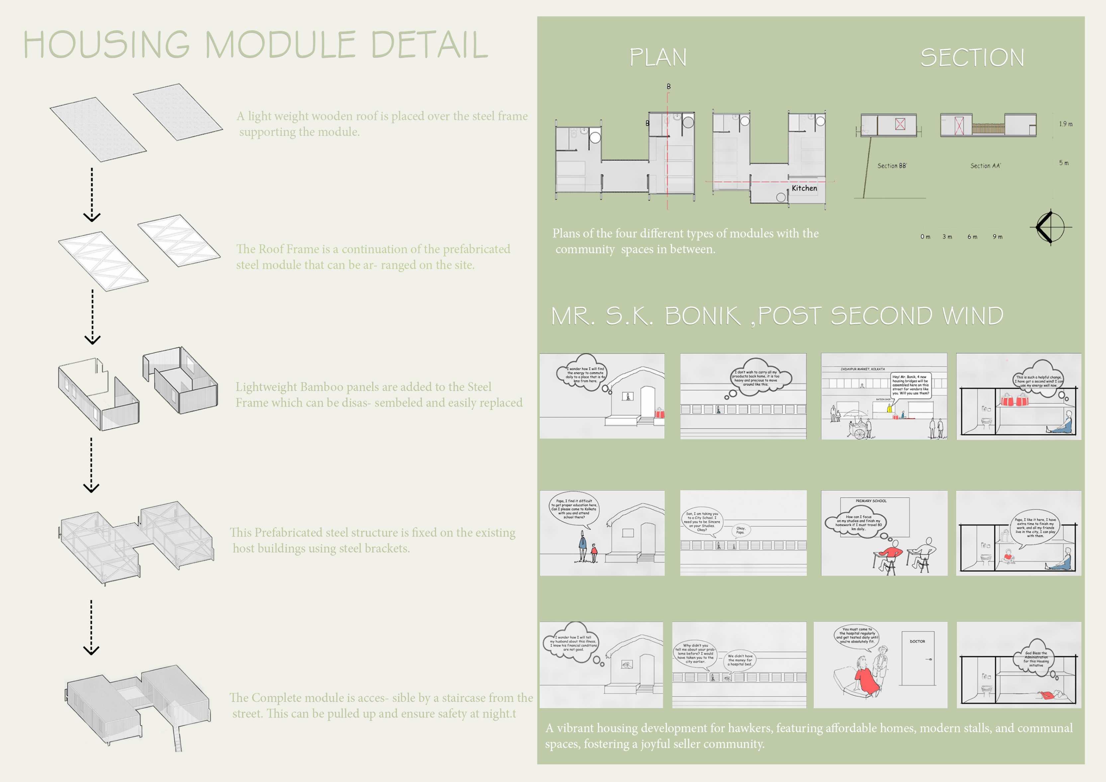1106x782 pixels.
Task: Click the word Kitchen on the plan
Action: [x=804, y=188]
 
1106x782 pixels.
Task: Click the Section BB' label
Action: [x=892, y=166]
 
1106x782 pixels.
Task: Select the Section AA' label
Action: [x=985, y=166]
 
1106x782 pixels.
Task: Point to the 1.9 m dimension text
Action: [x=1065, y=124]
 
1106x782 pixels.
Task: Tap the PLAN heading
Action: [x=658, y=57]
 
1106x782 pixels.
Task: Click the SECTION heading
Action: [x=972, y=57]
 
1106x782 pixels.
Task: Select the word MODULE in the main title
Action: [x=280, y=45]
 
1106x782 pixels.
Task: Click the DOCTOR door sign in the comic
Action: [x=917, y=641]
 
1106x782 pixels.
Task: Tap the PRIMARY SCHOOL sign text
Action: [x=871, y=501]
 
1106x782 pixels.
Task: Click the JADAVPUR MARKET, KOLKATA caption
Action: [x=862, y=369]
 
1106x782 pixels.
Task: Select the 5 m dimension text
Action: [x=1063, y=163]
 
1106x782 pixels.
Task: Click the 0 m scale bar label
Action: [x=925, y=237]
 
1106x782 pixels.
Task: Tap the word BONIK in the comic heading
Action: [x=702, y=316]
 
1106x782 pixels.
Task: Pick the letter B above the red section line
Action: [x=669, y=86]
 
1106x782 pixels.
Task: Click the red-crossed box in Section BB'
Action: [x=900, y=124]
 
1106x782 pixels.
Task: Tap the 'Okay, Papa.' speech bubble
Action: [x=740, y=530]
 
